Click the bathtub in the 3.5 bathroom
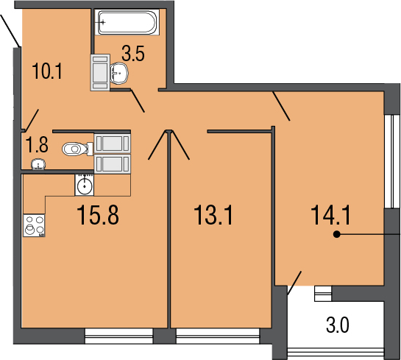pos(127,22)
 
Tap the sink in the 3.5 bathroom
pos(119,73)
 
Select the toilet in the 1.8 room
pos(77,149)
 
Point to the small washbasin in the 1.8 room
pos(38,164)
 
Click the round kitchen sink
pos(85,185)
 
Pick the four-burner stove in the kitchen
pos(35,225)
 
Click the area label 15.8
pos(98,215)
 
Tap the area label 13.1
pos(213,215)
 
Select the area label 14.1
pos(330,215)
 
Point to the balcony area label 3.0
pos(338,325)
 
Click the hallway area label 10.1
pos(47,71)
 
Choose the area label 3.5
pos(133,53)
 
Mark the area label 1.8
pos(38,145)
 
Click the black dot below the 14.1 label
pos(337,234)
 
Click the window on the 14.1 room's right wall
pos(393,161)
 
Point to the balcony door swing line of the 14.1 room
pos(294,283)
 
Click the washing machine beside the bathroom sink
pos(100,72)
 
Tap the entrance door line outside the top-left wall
pos(10,31)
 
